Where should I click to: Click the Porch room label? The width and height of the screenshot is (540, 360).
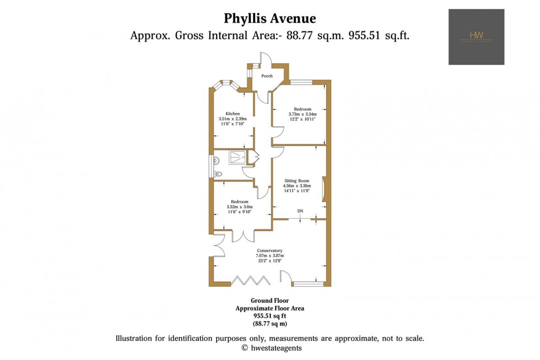(x=267, y=76)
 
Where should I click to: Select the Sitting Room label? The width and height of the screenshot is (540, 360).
(x=297, y=181)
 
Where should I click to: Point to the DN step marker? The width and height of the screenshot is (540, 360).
(x=300, y=211)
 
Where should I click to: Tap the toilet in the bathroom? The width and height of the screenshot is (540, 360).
(x=218, y=174)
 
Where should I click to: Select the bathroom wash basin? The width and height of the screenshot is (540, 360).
(x=217, y=159)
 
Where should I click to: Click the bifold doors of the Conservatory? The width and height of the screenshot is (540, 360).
(x=250, y=281)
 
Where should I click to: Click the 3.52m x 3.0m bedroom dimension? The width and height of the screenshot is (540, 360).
(x=240, y=207)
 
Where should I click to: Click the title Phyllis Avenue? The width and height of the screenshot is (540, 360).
(x=269, y=18)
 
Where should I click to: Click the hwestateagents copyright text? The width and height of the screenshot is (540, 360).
(x=272, y=348)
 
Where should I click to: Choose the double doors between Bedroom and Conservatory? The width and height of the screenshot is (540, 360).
(x=243, y=235)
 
